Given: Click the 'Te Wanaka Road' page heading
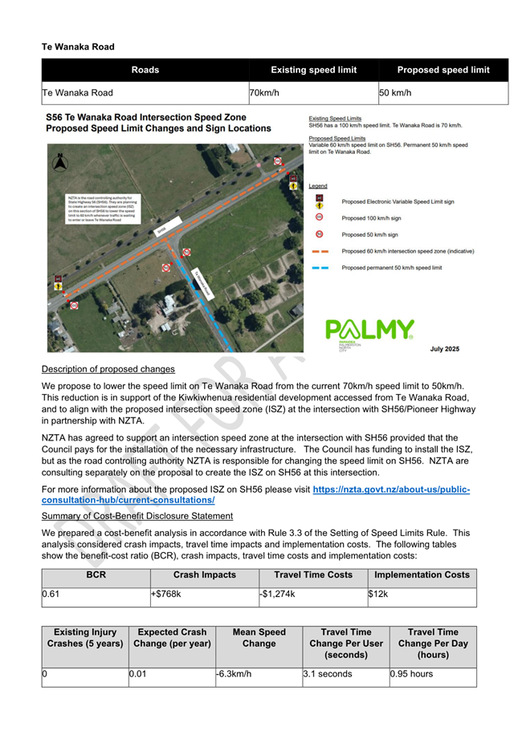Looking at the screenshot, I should tap(78, 47).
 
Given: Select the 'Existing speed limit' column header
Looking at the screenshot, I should tap(313, 70).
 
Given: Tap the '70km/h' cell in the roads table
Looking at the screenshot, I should tap(264, 93).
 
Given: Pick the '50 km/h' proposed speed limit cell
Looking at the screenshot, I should tap(395, 93).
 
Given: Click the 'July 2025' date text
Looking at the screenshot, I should tap(444, 349).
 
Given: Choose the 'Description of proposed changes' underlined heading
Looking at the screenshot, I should tap(108, 369).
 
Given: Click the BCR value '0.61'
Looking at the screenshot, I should tap(51, 595).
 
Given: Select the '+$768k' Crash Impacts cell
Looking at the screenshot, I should tap(167, 595).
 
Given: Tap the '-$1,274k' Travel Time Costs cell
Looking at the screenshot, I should tap(278, 595).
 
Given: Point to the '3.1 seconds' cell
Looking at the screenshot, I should tap(328, 674).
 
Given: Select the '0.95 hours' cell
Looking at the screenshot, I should tap(411, 674).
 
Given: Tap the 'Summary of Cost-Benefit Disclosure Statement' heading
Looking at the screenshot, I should tap(137, 515).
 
